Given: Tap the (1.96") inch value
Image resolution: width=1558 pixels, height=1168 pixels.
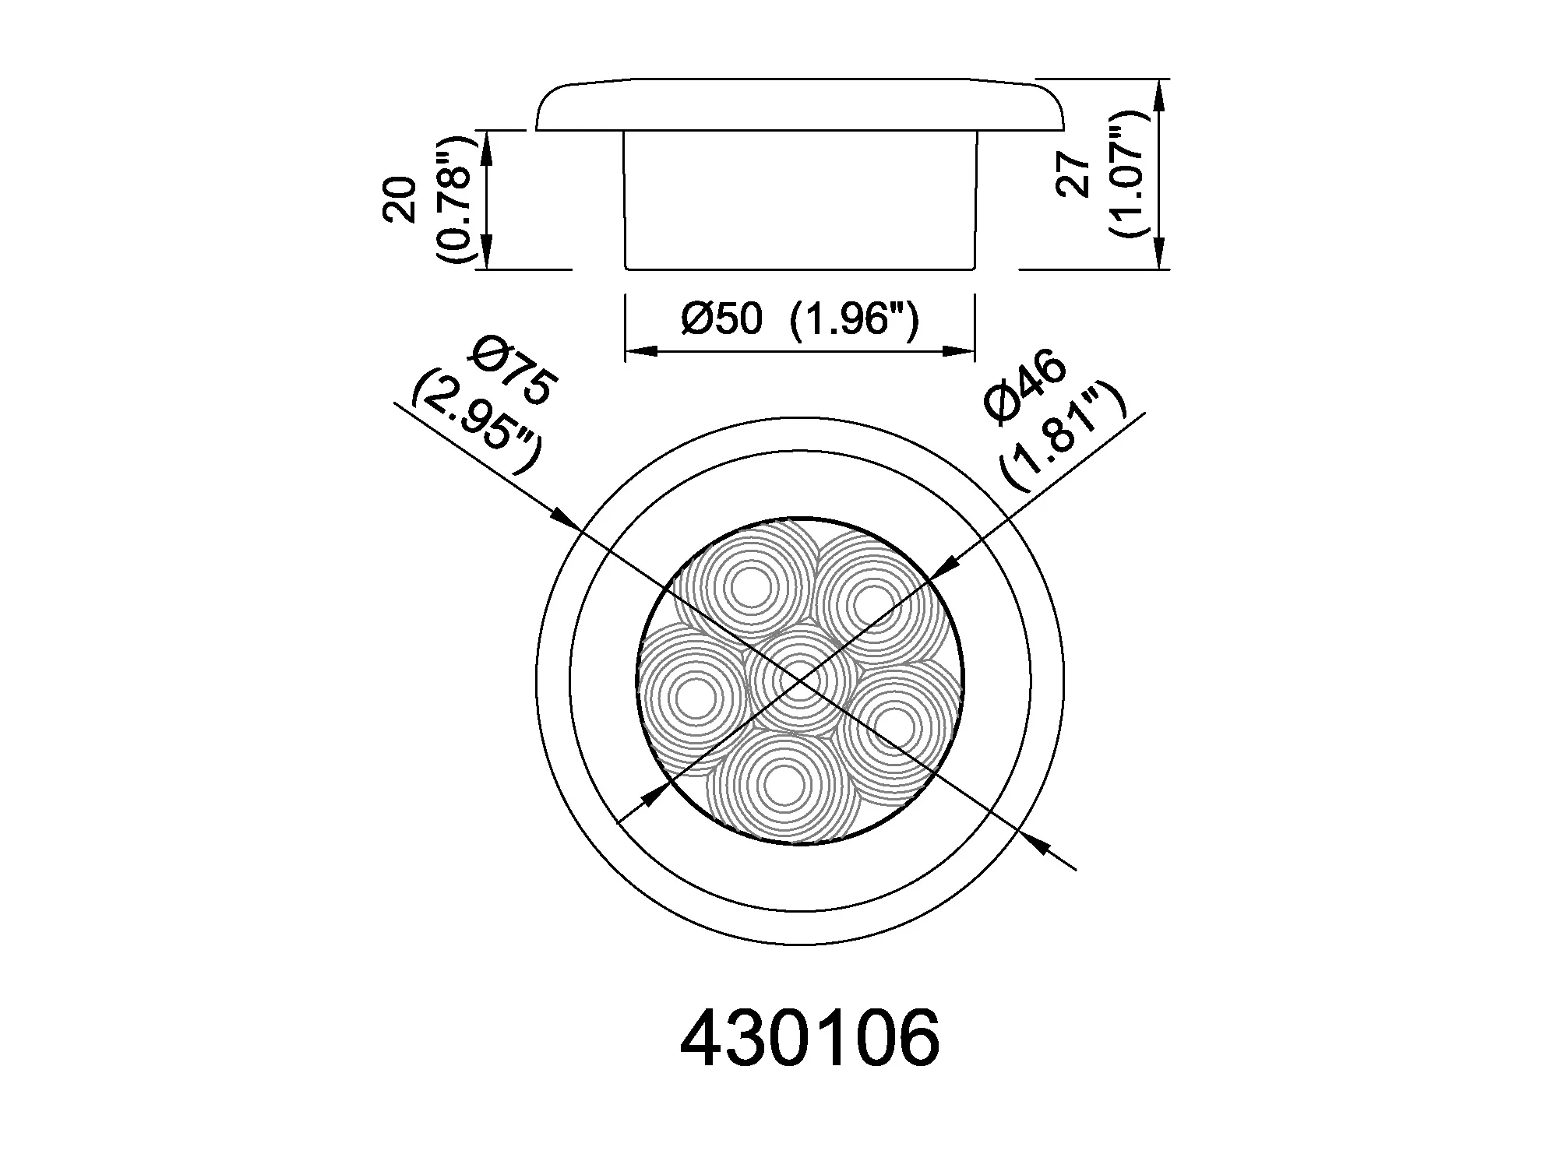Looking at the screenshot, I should point(855,320).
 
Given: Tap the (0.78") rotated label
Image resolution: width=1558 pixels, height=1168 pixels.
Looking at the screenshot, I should point(456,200).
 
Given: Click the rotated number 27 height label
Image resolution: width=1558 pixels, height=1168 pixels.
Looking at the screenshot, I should point(1074,175).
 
